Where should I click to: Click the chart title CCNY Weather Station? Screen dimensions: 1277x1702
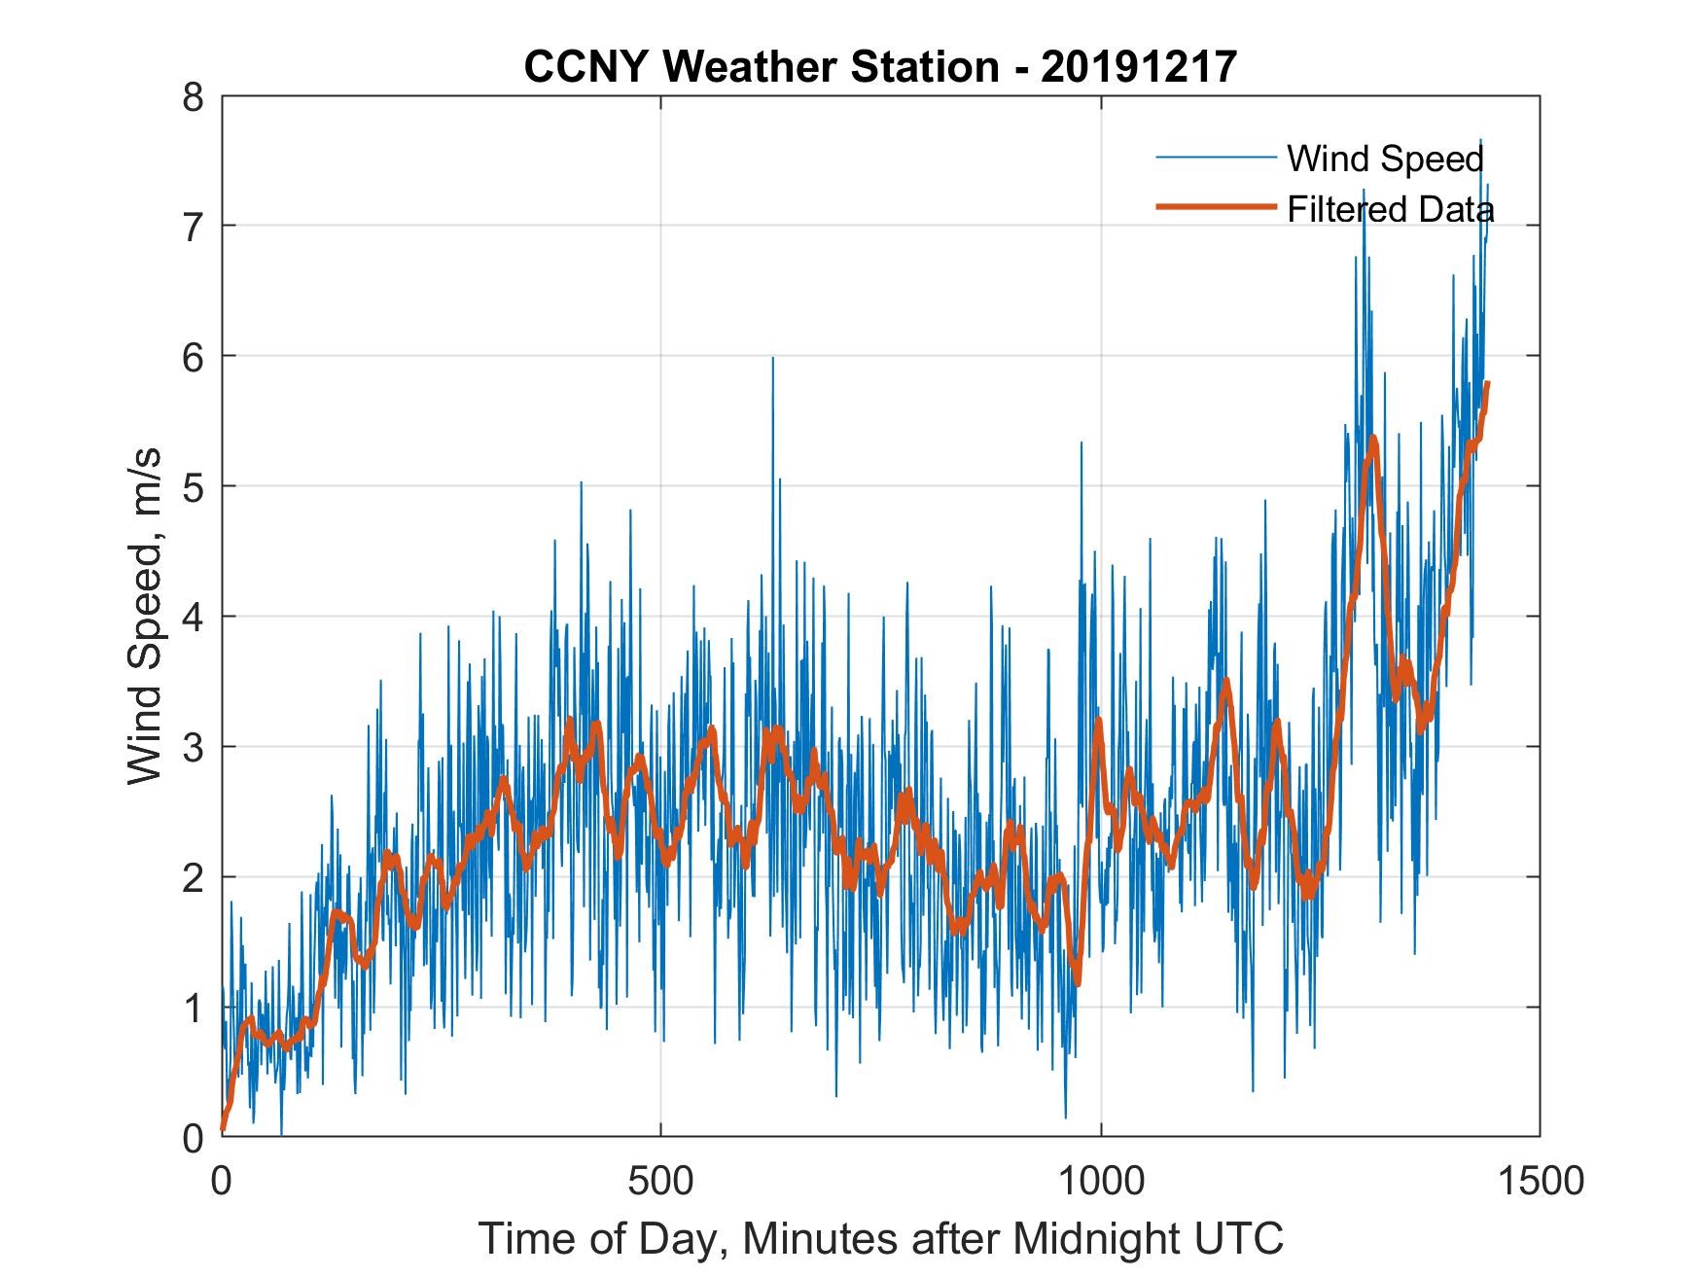pos(879,67)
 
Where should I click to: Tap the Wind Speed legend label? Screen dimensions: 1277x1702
pos(1385,159)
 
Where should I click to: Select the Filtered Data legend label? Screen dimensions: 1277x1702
pos(1391,209)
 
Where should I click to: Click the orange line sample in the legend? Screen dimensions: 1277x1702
pos(1216,207)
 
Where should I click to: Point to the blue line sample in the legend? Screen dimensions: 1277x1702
pos(1216,157)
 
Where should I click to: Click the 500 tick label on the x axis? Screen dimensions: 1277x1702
pos(660,1181)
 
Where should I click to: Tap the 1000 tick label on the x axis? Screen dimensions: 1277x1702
pos(1101,1181)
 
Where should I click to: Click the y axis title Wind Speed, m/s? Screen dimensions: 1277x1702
pos(146,617)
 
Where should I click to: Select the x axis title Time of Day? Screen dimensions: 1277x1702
pos(880,1239)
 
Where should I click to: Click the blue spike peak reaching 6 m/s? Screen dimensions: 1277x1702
pos(772,359)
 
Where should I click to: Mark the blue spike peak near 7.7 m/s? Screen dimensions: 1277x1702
pos(1480,141)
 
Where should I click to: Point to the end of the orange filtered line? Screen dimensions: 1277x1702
pos(1487,383)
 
